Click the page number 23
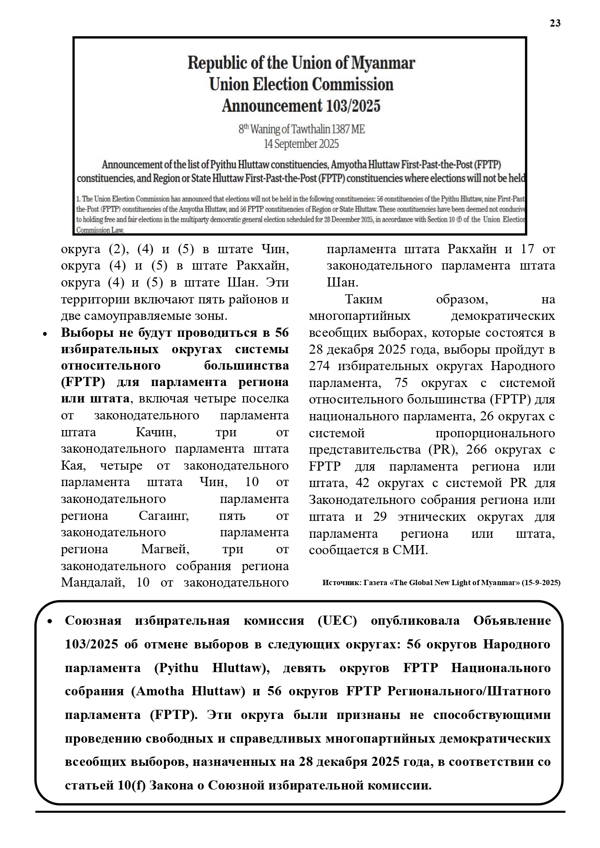tap(555, 23)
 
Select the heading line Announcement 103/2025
tap(301, 106)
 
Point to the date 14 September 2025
tap(301, 144)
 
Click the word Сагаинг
tap(164, 516)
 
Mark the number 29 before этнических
tap(380, 517)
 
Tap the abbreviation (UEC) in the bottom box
tap(337, 621)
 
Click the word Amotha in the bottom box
tap(162, 691)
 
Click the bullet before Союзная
tap(49, 621)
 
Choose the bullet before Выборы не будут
tap(45, 333)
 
